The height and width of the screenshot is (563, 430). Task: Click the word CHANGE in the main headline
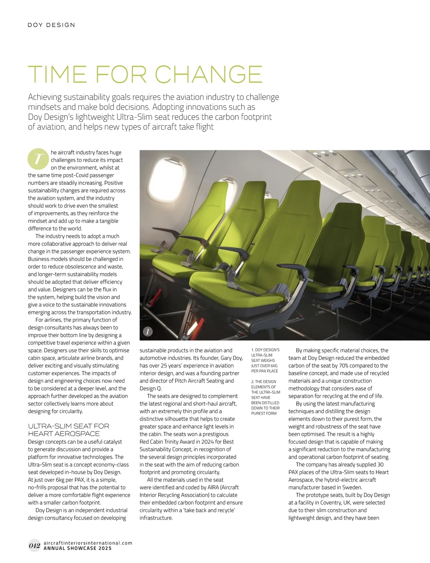[209, 74]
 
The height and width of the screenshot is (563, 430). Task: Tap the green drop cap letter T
[37, 159]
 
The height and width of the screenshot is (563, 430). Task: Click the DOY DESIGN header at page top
[52, 25]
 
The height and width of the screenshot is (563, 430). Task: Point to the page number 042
[34, 545]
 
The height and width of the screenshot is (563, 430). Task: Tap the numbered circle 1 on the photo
[148, 331]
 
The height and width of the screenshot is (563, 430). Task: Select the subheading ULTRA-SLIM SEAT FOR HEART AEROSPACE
[68, 430]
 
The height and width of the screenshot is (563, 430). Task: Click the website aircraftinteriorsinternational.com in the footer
[88, 543]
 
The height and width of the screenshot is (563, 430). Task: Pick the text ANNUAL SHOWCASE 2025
[77, 548]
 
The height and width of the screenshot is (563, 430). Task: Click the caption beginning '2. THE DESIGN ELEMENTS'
[266, 397]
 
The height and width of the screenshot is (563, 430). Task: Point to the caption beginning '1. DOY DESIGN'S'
[265, 360]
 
